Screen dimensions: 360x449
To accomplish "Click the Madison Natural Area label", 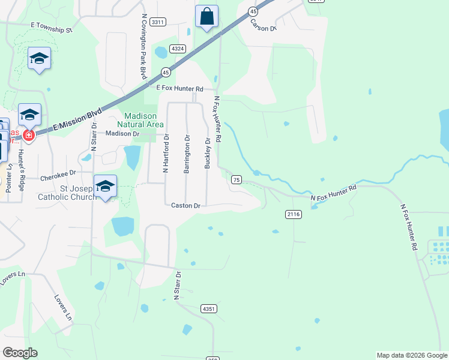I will click(x=140, y=119).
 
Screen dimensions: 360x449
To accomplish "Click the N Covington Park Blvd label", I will click(x=143, y=47).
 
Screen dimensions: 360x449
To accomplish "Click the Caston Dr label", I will click(x=185, y=205).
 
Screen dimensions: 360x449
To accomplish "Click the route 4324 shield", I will click(x=176, y=49).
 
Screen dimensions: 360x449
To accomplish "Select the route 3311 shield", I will click(x=158, y=22).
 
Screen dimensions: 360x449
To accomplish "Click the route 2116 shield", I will click(x=293, y=214).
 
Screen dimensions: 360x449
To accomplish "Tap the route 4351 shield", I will click(x=209, y=308).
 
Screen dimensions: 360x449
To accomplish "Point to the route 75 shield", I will click(x=236, y=179).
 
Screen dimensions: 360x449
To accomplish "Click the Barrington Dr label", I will click(x=187, y=155).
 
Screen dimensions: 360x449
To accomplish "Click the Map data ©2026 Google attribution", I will click(x=411, y=355).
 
